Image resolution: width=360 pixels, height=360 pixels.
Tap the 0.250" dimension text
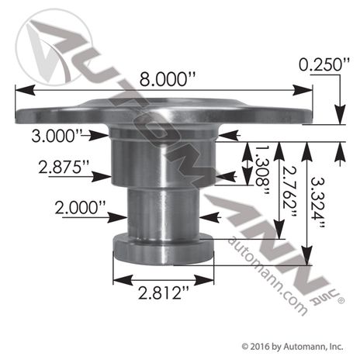pos(324,64)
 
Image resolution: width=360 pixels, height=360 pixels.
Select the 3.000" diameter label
pos(57,136)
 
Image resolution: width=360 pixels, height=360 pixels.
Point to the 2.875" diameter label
pos(64,167)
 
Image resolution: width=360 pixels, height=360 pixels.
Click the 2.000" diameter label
pos(80,208)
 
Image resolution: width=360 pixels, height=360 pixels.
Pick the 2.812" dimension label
pos(164,293)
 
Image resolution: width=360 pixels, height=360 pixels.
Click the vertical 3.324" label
pos(317,202)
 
